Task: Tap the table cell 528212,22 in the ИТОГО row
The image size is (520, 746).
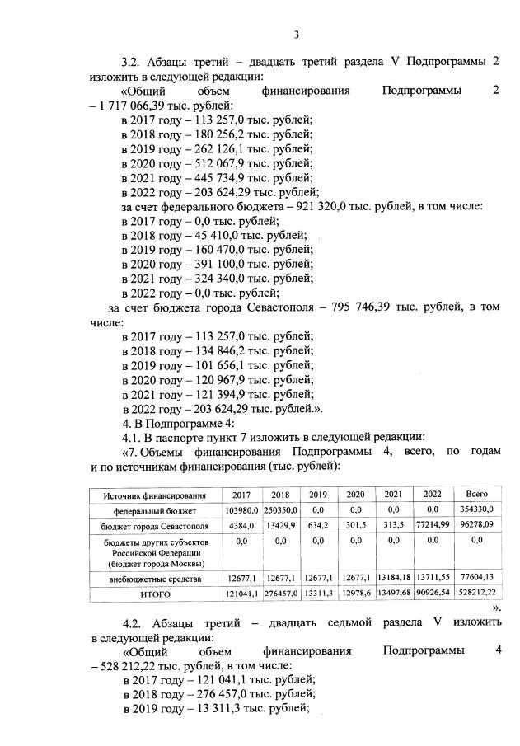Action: [x=477, y=594]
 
